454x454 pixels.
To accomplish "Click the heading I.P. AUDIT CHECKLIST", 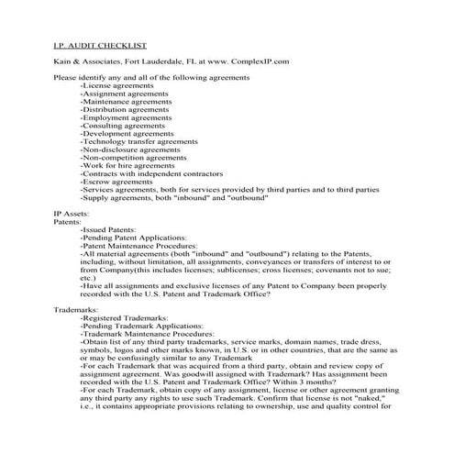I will pos(101,45).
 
